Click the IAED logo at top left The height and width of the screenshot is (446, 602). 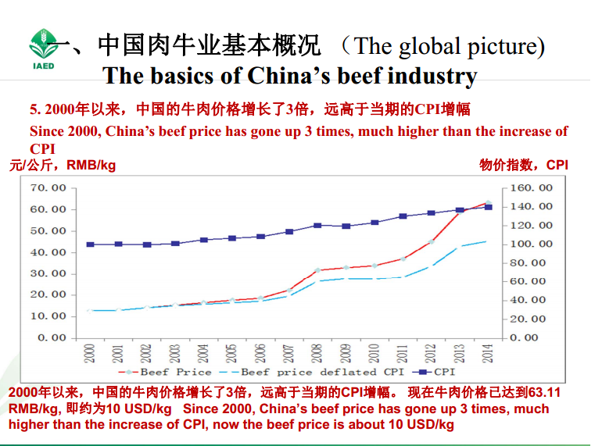coord(44,48)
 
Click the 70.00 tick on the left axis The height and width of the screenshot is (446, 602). coord(48,188)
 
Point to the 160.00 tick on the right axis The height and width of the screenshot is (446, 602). coord(532,188)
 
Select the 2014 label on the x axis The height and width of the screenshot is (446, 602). coord(488,353)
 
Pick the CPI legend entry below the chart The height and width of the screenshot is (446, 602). coord(438,373)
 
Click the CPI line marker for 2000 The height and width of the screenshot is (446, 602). coord(91,244)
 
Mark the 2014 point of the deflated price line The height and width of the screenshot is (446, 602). coord(486,241)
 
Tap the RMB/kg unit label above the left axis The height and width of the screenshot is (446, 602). coord(91,166)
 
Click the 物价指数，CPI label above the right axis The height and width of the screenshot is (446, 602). coord(524,165)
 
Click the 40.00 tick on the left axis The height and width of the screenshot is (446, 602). coord(48,252)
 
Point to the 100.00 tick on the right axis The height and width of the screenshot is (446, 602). coord(532,244)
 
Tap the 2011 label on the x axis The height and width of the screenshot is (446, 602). coord(403,353)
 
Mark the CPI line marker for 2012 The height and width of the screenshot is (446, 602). coord(431,212)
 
